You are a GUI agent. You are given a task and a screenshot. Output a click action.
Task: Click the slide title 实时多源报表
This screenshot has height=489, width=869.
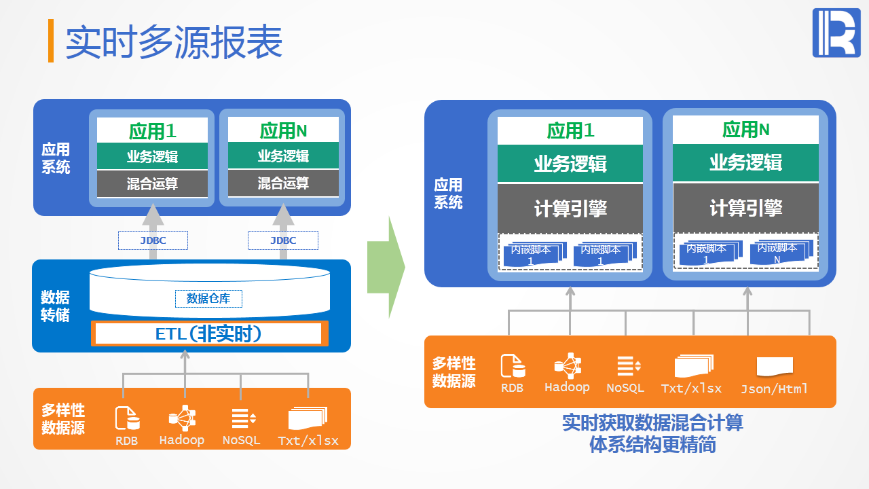(174, 43)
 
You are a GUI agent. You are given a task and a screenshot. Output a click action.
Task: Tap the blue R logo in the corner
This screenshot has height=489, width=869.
(836, 33)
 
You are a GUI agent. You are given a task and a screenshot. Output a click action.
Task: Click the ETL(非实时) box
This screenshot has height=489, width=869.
(208, 333)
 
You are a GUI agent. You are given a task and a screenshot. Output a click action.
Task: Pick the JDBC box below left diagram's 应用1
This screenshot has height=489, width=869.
(153, 240)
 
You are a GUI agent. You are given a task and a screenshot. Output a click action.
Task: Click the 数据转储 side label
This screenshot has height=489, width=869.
(55, 306)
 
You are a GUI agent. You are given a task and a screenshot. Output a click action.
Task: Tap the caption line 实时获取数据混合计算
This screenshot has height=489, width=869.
(652, 422)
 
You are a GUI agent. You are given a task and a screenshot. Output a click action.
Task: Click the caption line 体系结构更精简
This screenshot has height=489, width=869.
(652, 445)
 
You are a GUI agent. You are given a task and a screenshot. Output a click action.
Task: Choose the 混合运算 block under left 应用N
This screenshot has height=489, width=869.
(283, 183)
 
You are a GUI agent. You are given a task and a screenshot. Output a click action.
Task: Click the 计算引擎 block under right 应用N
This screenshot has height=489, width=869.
(745, 208)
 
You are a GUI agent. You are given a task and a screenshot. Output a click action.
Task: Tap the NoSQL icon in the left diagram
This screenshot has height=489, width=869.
(242, 418)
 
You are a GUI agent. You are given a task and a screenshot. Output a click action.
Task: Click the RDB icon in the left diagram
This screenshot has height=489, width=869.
(127, 418)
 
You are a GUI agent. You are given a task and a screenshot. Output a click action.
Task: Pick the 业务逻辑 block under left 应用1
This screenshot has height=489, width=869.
(152, 156)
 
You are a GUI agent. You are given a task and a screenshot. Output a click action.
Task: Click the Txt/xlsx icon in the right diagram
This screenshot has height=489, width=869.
(692, 366)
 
